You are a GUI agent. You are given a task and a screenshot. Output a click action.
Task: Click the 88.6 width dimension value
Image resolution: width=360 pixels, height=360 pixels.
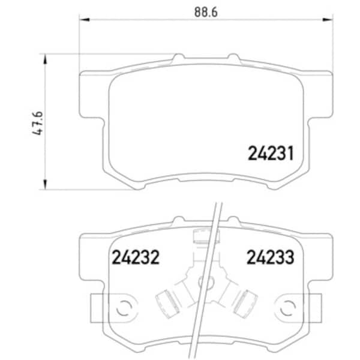tap(206, 12)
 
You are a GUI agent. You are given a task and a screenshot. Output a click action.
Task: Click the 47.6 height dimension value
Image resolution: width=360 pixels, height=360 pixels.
tap(37, 123)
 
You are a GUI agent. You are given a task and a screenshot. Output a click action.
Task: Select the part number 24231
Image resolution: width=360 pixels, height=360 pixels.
tap(271, 154)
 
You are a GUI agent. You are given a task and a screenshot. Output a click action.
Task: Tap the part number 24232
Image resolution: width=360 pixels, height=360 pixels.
tap(136, 257)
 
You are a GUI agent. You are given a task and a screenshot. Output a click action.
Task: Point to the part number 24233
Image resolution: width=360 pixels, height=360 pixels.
tap(271, 257)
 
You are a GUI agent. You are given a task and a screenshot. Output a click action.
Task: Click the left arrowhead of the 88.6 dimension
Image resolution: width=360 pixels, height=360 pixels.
tap(84, 20)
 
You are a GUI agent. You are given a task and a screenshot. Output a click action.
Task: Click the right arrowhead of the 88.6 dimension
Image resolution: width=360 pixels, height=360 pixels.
tap(328, 20)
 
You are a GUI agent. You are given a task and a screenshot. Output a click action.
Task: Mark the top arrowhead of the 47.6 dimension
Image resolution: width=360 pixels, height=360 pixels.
tap(45, 59)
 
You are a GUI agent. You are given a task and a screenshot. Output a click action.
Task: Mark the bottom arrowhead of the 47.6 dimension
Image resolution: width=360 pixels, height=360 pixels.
tap(45, 184)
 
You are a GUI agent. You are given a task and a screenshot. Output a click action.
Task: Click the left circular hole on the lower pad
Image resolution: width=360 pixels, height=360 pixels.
tap(123, 308)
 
